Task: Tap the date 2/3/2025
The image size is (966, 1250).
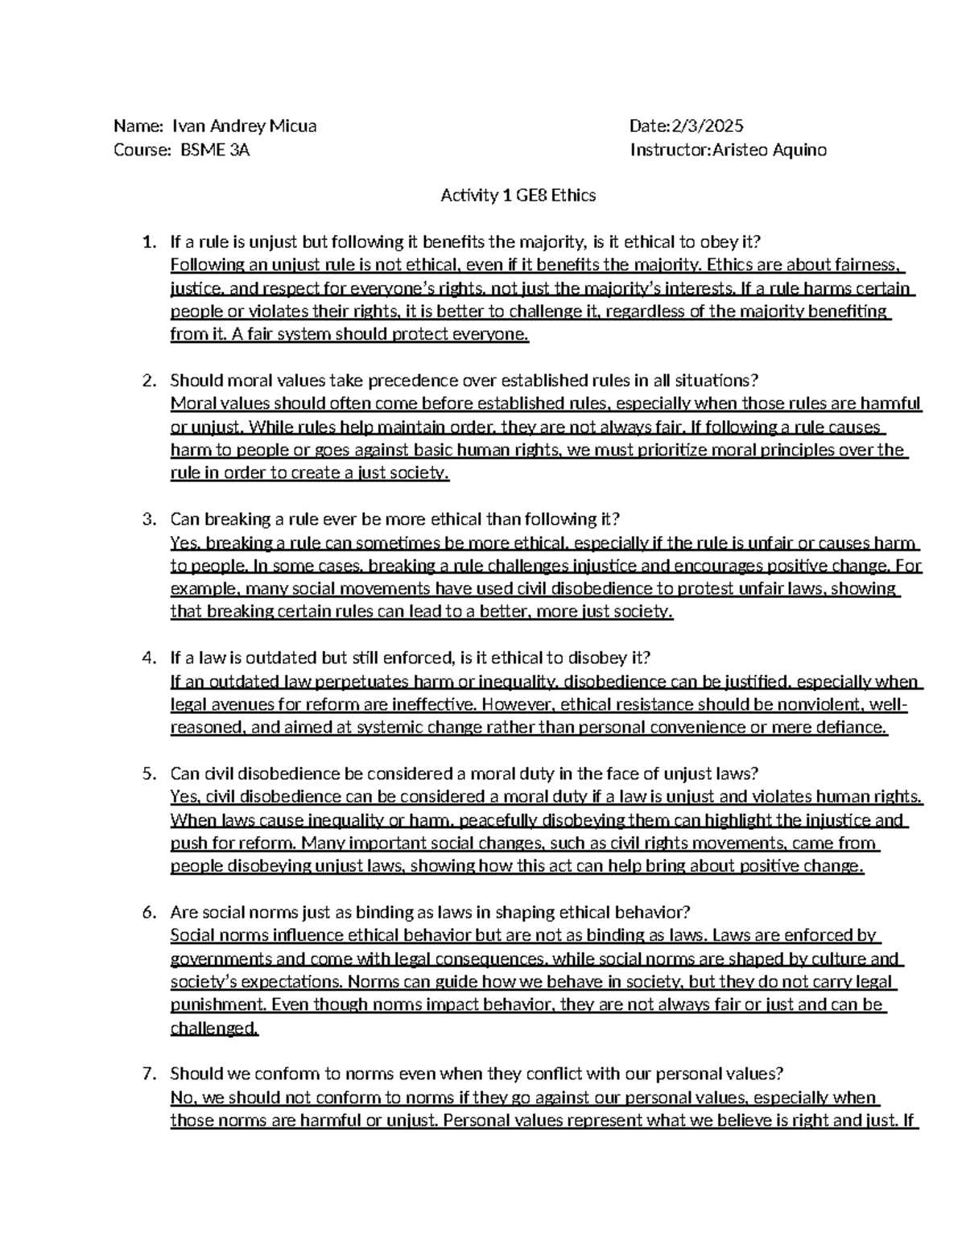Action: pos(708,126)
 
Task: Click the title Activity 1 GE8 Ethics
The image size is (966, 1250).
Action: pos(518,196)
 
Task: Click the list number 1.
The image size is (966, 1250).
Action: pos(147,242)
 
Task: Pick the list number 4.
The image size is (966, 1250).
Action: pos(147,658)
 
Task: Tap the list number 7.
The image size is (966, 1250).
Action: pos(147,1074)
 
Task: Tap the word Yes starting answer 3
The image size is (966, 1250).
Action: pos(184,543)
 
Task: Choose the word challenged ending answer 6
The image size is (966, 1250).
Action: pos(214,1028)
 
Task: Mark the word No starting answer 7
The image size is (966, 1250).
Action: pos(181,1098)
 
